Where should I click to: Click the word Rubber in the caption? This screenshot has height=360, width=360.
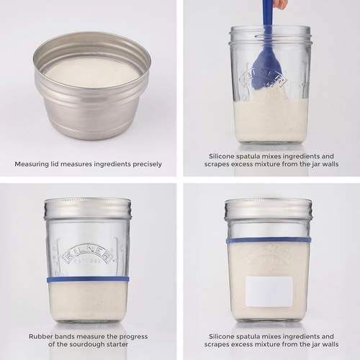point(41,336)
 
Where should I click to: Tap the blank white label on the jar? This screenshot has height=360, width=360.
point(269,291)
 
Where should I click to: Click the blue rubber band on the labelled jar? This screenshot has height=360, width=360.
point(269,240)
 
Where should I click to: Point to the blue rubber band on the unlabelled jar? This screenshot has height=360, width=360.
point(88,279)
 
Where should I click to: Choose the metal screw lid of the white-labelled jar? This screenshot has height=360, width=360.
point(268,210)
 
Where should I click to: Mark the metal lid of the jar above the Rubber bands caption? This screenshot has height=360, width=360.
point(87,209)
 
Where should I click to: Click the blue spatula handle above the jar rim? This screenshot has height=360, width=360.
point(268,18)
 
